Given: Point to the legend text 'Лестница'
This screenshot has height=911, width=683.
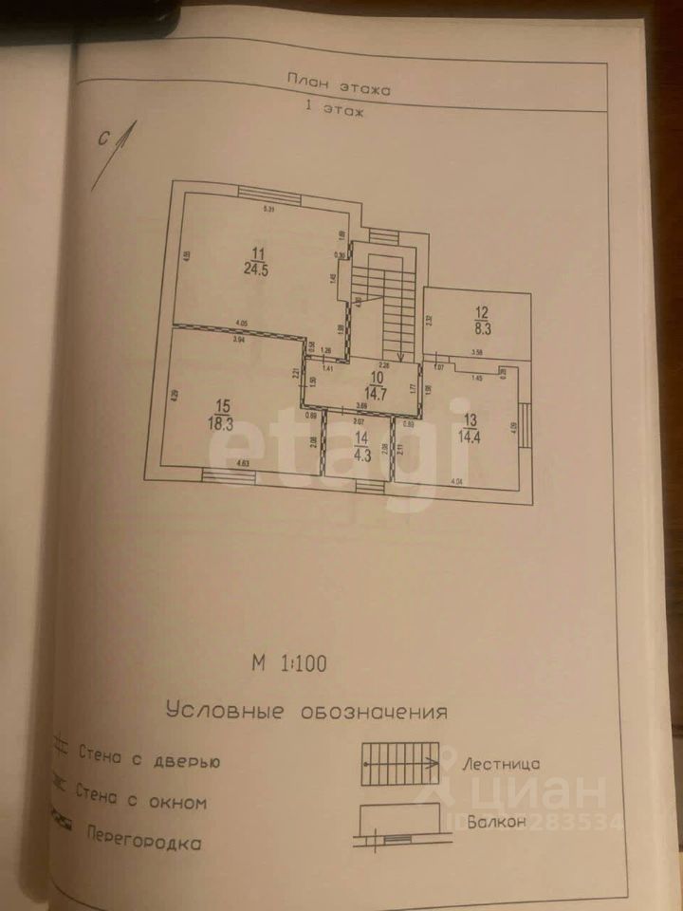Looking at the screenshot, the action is (502, 763).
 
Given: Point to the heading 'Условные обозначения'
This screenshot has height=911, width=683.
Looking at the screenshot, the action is (305, 711).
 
